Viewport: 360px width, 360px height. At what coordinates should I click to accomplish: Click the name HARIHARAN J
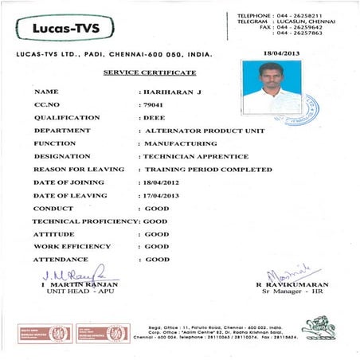[x=170, y=92]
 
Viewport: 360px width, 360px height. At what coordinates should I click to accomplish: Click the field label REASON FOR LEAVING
[x=79, y=170]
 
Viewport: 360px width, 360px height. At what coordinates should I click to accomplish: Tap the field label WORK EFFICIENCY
[x=72, y=247]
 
